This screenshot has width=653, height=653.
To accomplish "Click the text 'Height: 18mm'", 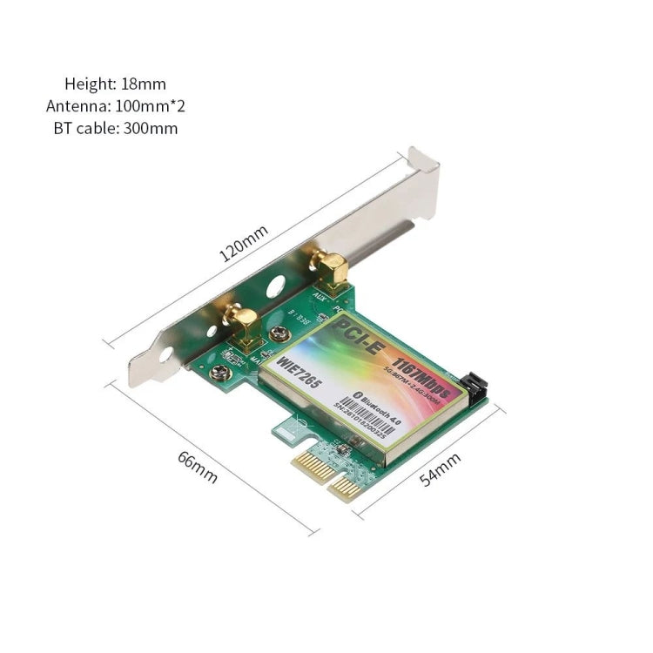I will [114, 84].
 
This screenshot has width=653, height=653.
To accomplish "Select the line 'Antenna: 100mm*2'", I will [114, 105].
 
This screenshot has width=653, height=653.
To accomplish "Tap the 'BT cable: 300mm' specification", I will [114, 128].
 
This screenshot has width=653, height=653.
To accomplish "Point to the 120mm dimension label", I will [245, 241].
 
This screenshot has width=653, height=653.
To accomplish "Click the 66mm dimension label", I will [198, 465].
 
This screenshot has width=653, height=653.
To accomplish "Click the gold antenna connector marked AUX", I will [329, 268].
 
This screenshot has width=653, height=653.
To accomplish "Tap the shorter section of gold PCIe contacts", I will [348, 489].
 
